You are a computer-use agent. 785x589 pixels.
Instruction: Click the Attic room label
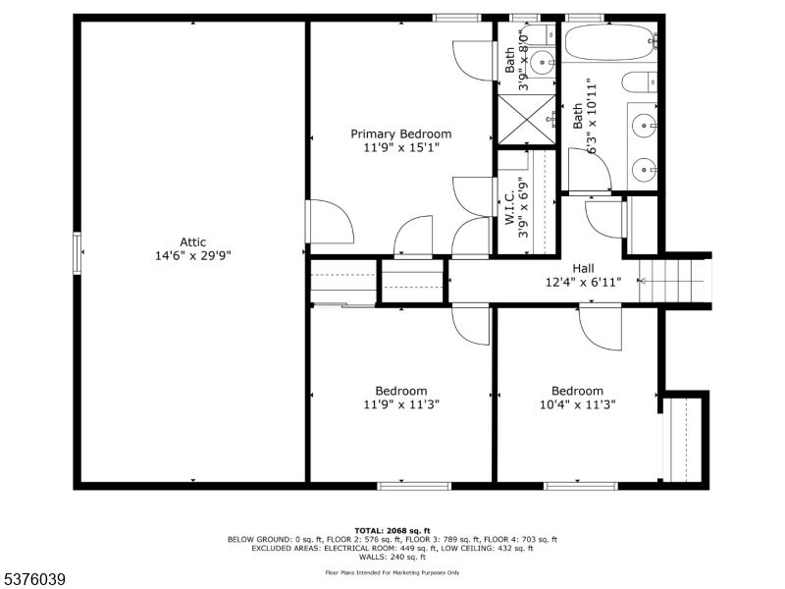pyautogui.click(x=192, y=241)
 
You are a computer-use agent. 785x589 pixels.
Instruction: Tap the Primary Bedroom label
pyautogui.click(x=401, y=134)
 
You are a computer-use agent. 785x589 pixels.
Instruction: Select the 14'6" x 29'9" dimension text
pyautogui.click(x=192, y=256)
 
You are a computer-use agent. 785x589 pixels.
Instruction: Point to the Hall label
pyautogui.click(x=583, y=268)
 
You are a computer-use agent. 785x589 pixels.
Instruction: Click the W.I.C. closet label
pyautogui.click(x=509, y=208)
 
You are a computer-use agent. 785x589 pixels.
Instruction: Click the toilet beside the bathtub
pyautogui.click(x=640, y=82)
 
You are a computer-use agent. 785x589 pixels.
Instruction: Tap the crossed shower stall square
pyautogui.click(x=527, y=119)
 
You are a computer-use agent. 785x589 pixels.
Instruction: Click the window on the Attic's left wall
pyautogui.click(x=78, y=253)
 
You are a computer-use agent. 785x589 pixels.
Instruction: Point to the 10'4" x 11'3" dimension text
pyautogui.click(x=577, y=404)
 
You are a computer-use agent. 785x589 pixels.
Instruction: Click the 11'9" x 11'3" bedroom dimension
pyautogui.click(x=401, y=404)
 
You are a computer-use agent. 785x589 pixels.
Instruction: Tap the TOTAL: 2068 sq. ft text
pyautogui.click(x=392, y=531)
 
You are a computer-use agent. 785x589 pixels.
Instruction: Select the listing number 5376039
pyautogui.click(x=33, y=580)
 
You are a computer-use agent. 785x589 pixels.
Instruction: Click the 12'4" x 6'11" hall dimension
pyautogui.click(x=583, y=283)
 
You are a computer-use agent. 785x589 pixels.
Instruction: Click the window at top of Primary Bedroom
pyautogui.click(x=456, y=18)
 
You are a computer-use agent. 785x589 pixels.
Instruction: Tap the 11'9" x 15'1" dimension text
pyautogui.click(x=401, y=148)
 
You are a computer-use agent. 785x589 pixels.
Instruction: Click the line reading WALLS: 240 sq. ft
pyautogui.click(x=392, y=557)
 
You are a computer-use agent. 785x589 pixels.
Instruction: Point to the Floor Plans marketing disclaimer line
pyautogui.click(x=392, y=572)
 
